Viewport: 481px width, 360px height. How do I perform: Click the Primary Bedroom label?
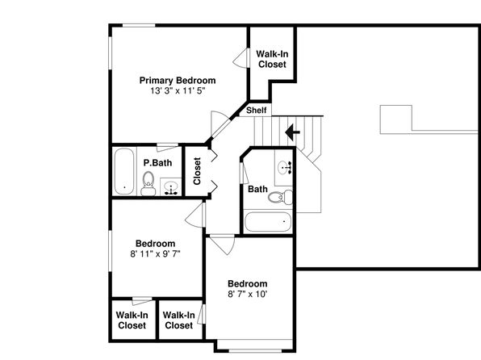click(x=178, y=81)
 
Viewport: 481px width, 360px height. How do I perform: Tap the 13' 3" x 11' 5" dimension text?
click(x=178, y=91)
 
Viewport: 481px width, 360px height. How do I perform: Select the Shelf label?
click(x=257, y=110)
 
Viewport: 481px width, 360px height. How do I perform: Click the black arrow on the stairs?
click(x=292, y=132)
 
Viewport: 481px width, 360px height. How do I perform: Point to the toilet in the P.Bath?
click(x=148, y=183)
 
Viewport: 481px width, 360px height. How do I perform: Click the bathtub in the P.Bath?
click(x=124, y=171)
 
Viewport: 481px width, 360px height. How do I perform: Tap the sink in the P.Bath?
click(x=171, y=187)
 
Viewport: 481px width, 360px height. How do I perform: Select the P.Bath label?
click(x=157, y=163)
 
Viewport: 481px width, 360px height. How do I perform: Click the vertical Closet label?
click(x=197, y=171)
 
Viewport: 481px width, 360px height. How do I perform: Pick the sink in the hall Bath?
click(x=283, y=168)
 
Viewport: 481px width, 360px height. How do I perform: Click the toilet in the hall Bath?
click(x=280, y=197)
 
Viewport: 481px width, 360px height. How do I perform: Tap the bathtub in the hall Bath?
click(x=268, y=222)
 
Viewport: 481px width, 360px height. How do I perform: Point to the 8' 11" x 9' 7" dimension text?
click(x=155, y=254)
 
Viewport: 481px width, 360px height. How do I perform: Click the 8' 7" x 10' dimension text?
click(x=247, y=295)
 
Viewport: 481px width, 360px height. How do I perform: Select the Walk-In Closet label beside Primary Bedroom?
click(x=272, y=59)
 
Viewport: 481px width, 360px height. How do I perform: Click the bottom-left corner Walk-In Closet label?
click(x=132, y=320)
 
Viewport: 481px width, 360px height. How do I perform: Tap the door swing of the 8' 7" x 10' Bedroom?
click(x=223, y=245)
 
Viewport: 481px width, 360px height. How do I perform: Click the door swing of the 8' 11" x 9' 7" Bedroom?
click(x=195, y=216)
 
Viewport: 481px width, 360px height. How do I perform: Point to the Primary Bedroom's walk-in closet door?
click(x=240, y=58)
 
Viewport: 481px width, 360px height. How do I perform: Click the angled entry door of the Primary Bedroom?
click(x=220, y=124)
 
